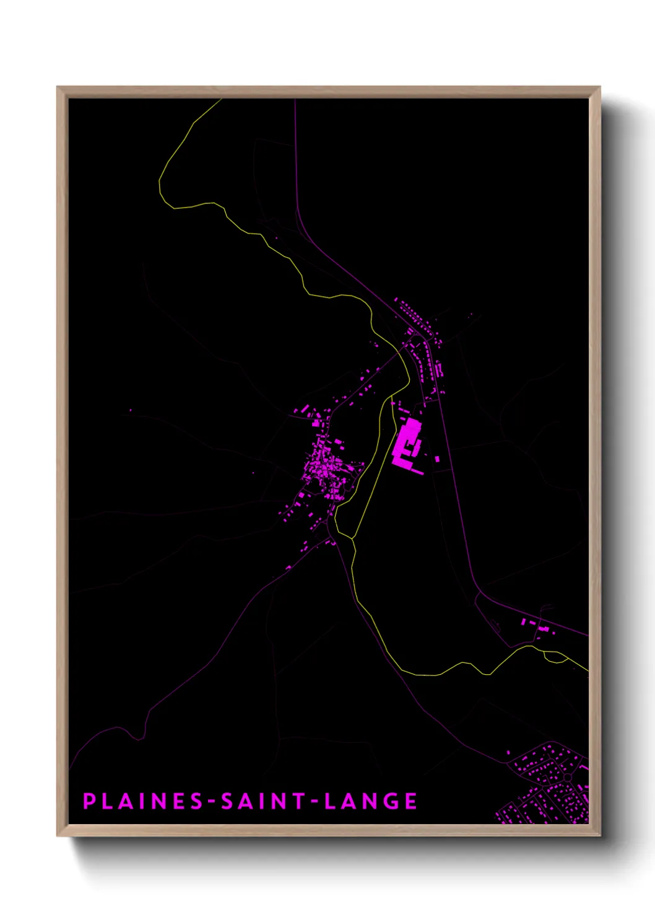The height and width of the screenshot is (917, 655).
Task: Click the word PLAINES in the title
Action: click(x=144, y=801)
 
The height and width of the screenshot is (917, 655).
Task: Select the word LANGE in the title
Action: click(x=370, y=801)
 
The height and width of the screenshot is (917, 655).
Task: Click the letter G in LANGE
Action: click(x=391, y=801)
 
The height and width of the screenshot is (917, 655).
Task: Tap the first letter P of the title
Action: click(x=89, y=801)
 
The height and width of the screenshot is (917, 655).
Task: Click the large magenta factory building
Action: click(x=406, y=441)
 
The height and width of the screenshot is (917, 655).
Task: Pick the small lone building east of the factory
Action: click(x=438, y=459)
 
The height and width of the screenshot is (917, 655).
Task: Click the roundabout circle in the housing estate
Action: click(x=567, y=777)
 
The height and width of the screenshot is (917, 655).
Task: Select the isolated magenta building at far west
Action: click(x=130, y=410)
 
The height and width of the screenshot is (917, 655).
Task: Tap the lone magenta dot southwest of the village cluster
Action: click(x=253, y=473)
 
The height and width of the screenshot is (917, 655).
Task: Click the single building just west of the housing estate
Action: click(x=509, y=753)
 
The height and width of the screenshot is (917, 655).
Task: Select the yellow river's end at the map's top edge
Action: click(x=222, y=100)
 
